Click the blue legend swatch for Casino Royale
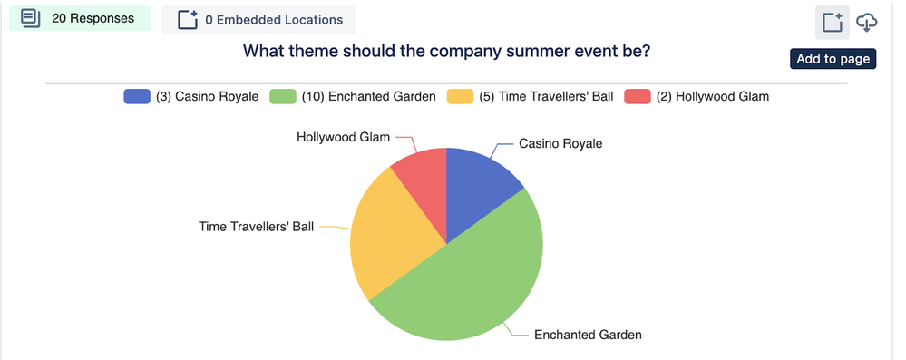pyautogui.click(x=137, y=96)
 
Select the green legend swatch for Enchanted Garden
pyautogui.click(x=283, y=96)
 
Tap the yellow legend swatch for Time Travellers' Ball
pyautogui.click(x=461, y=96)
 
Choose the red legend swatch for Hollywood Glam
pyautogui.click(x=638, y=96)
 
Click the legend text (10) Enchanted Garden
pyautogui.click(x=368, y=96)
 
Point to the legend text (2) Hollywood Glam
pyautogui.click(x=713, y=96)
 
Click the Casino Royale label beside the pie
pyautogui.click(x=560, y=143)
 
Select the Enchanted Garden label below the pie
pyautogui.click(x=588, y=335)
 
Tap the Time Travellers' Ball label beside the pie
pyautogui.click(x=256, y=227)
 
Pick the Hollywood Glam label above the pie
pyautogui.click(x=343, y=137)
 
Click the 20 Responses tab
pyautogui.click(x=80, y=18)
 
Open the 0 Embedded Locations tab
pyautogui.click(x=258, y=20)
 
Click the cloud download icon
pyautogui.click(x=866, y=23)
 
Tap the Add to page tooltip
pyautogui.click(x=833, y=59)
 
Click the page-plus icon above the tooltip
pyautogui.click(x=832, y=23)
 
